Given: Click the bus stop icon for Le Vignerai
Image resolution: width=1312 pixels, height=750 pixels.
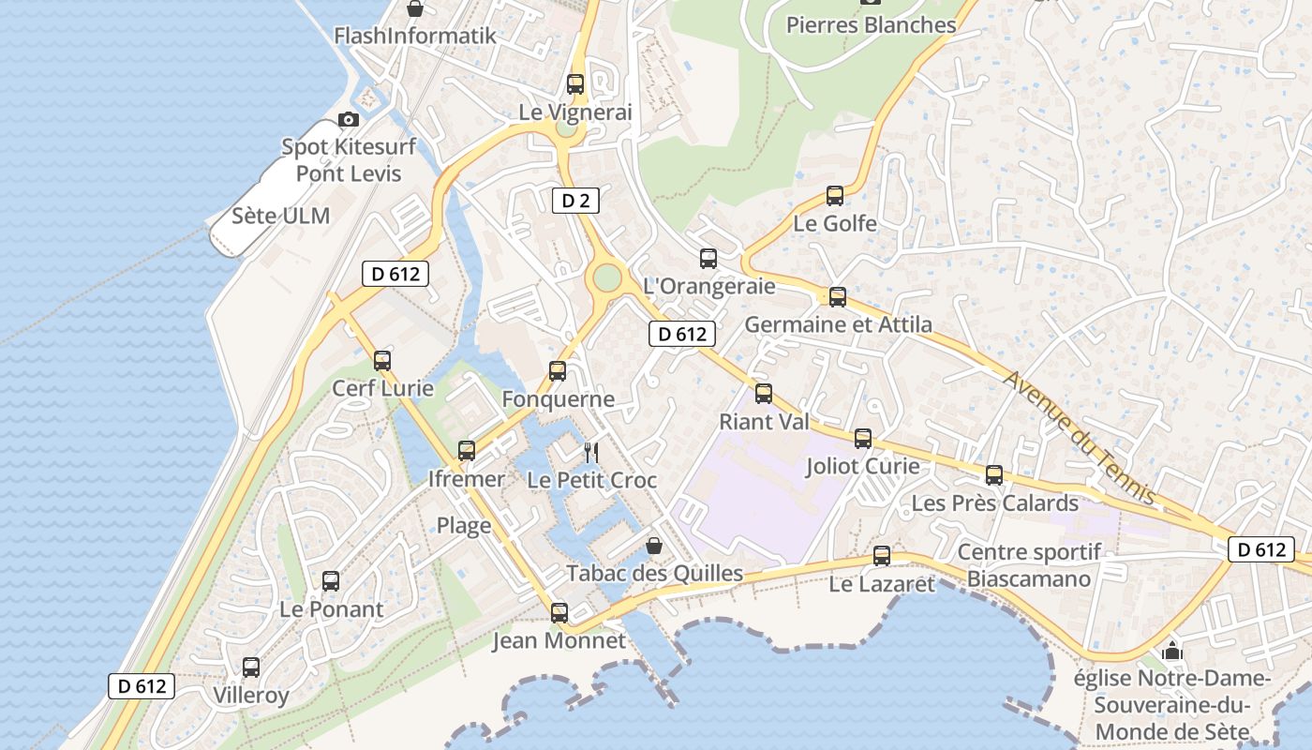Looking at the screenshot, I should tap(575, 83).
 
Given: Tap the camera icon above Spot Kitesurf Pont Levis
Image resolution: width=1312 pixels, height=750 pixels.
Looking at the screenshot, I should tap(349, 119).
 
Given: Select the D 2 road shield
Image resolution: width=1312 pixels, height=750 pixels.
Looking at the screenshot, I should tap(574, 200).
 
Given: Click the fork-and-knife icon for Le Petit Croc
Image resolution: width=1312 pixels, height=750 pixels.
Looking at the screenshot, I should tap(591, 453).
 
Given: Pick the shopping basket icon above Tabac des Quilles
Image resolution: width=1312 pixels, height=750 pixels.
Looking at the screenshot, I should tap(654, 545).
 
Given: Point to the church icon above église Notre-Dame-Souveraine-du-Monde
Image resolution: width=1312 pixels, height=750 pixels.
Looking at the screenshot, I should tap(1171, 651).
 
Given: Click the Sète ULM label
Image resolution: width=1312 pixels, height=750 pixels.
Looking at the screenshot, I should tap(281, 216).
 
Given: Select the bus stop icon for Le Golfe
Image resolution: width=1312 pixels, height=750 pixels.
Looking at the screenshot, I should tap(835, 196).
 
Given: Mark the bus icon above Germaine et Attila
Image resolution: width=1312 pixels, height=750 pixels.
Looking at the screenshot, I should tap(838, 296).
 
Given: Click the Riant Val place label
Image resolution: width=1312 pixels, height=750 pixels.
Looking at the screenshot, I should tap(764, 422).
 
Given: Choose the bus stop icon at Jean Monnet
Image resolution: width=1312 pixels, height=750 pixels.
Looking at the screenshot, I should tap(559, 613).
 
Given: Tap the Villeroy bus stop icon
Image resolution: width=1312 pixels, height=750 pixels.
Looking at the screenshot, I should tap(251, 667).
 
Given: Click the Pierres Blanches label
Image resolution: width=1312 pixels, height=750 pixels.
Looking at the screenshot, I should tap(871, 25).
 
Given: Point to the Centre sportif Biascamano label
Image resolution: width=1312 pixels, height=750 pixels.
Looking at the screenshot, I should tap(1029, 565).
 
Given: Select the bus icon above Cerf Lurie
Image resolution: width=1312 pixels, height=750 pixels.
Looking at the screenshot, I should tap(382, 361).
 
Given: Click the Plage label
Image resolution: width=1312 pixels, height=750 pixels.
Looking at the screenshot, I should tap(464, 525).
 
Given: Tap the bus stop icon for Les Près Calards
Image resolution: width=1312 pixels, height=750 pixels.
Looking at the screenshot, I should tap(994, 475).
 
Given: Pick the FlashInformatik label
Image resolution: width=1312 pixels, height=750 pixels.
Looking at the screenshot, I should tap(414, 36).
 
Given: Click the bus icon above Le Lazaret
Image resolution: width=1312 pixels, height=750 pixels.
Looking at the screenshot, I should tap(882, 556).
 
